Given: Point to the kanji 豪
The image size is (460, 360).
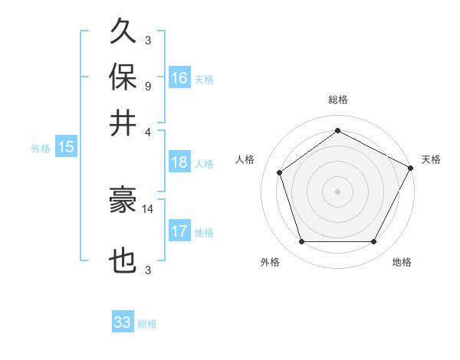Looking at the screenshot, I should (x=123, y=201).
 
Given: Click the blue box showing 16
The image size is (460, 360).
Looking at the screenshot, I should (x=179, y=77).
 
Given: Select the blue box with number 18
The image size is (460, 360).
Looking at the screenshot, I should (x=179, y=162).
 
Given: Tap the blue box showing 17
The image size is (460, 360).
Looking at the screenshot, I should (x=179, y=231).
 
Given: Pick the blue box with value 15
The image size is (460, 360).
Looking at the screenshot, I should (x=65, y=147).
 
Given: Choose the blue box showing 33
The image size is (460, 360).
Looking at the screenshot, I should (x=123, y=322).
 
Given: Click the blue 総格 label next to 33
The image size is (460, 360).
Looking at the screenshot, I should (x=147, y=325).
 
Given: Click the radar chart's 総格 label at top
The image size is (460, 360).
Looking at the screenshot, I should (x=338, y=100).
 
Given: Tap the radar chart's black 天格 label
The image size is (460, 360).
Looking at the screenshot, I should (x=431, y=159).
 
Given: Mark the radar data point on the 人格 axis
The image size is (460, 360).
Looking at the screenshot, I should (x=280, y=172).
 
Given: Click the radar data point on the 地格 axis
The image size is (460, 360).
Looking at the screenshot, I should (x=373, y=242).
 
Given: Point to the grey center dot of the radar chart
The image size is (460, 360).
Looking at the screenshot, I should (x=338, y=191).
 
